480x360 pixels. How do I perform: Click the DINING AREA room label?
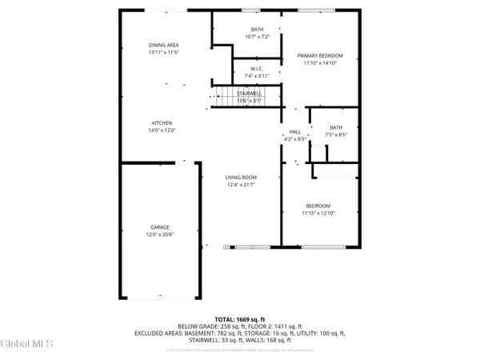click(x=163, y=45)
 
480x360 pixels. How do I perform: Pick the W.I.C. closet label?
click(x=257, y=69)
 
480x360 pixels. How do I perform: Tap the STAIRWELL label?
click(x=250, y=94)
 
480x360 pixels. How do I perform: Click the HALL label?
click(x=294, y=132)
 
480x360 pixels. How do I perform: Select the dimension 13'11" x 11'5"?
click(x=163, y=52)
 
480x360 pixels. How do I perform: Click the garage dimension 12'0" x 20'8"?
click(x=158, y=234)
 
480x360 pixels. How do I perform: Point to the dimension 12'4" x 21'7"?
click(x=240, y=186)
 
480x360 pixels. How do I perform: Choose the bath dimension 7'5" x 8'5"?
click(x=336, y=134)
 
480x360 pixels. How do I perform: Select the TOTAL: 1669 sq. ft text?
click(x=240, y=318)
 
